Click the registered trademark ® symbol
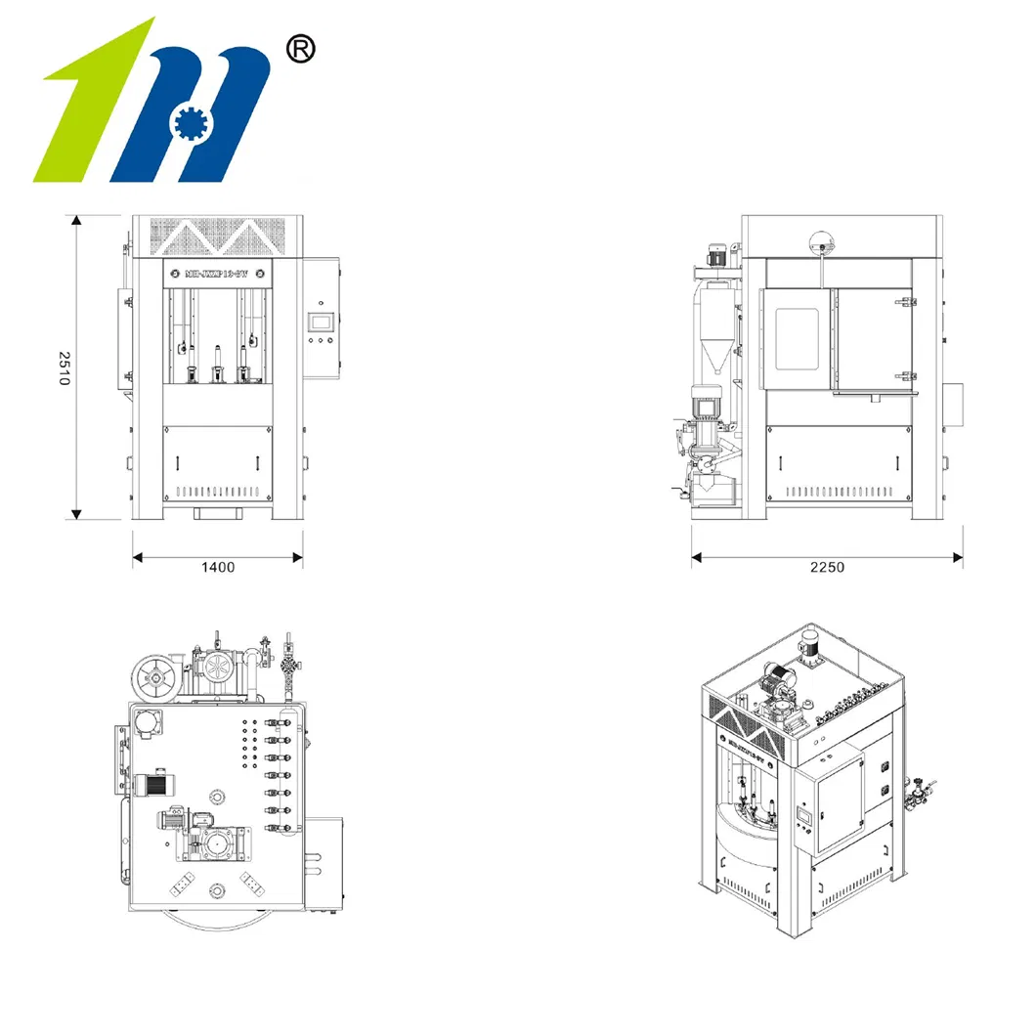pyautogui.click(x=297, y=49)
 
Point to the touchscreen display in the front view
pyautogui.click(x=321, y=321)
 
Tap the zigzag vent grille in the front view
pyautogui.click(x=217, y=236)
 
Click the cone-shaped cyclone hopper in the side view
pyautogui.click(x=716, y=332)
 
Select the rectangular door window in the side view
pyautogui.click(x=796, y=338)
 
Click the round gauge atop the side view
pyautogui.click(x=822, y=240)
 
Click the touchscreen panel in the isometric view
pyautogui.click(x=804, y=815)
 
